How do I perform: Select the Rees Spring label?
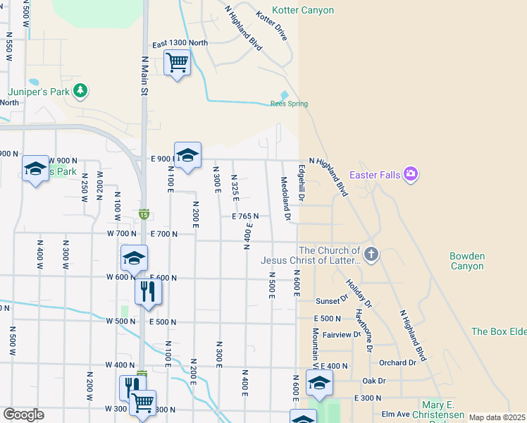[289, 104]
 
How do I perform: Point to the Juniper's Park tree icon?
[82, 90]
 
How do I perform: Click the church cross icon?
[371, 252]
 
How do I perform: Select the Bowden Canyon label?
[467, 261]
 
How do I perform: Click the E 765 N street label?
[246, 216]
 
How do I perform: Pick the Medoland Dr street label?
[286, 198]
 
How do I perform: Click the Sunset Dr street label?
[333, 300]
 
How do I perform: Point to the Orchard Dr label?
[397, 363]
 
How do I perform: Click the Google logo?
[23, 415]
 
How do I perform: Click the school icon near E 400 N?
[319, 382]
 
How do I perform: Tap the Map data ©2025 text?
[497, 417]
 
